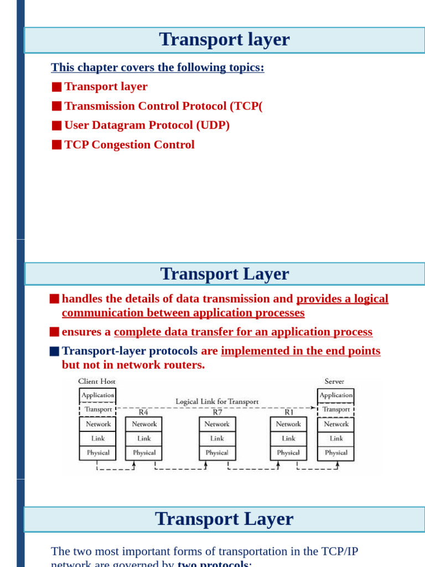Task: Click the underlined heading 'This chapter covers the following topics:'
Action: pyautogui.click(x=158, y=68)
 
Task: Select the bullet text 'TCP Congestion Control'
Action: pyautogui.click(x=129, y=145)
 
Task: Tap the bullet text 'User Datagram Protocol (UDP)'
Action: pyautogui.click(x=147, y=126)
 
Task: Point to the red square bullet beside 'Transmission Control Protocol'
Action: pyautogui.click(x=56, y=106)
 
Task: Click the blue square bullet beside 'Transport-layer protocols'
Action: pyautogui.click(x=54, y=351)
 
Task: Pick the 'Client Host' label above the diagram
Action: pyautogui.click(x=97, y=382)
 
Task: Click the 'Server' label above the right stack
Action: pyautogui.click(x=334, y=382)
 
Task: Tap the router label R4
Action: pyautogui.click(x=143, y=413)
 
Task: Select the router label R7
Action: pyautogui.click(x=217, y=413)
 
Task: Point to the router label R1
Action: pyautogui.click(x=289, y=413)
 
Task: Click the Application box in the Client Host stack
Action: pyautogui.click(x=97, y=395)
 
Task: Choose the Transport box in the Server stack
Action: pyautogui.click(x=336, y=410)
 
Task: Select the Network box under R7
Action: pyautogui.click(x=217, y=424)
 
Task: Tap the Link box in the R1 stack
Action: pyautogui.click(x=288, y=439)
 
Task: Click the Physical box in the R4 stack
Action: pyautogui.click(x=144, y=453)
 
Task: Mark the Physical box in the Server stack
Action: pyautogui.click(x=336, y=453)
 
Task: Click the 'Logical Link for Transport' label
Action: pyautogui.click(x=217, y=401)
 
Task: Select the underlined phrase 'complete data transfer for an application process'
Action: pyautogui.click(x=243, y=332)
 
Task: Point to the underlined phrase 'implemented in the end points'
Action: pyautogui.click(x=300, y=351)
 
